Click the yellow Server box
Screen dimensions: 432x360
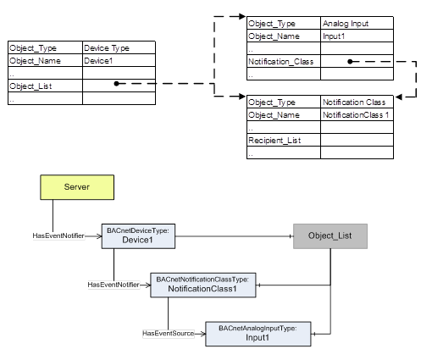77,187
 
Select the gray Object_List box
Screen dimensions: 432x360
330,236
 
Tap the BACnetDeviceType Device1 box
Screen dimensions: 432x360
138,236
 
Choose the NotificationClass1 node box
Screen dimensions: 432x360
203,285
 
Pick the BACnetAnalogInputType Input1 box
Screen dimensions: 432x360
258,334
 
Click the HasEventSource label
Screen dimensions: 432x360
169,334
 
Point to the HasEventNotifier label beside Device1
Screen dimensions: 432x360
58,235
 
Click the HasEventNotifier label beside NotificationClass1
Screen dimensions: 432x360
114,285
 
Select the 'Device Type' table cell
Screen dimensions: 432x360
119,47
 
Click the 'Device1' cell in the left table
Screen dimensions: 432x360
119,60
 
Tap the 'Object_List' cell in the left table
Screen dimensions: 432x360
45,86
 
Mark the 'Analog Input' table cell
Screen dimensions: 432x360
357,23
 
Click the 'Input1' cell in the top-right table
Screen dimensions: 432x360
357,36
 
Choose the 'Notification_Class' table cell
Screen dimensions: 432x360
284,61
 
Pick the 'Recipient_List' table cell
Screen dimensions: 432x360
284,140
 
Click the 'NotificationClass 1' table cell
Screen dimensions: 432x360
357,114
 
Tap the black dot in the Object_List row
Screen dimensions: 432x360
116,84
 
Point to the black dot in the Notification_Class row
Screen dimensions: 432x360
350,61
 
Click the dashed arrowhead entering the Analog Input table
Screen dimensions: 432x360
242,16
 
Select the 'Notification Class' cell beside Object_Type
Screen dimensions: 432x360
357,102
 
